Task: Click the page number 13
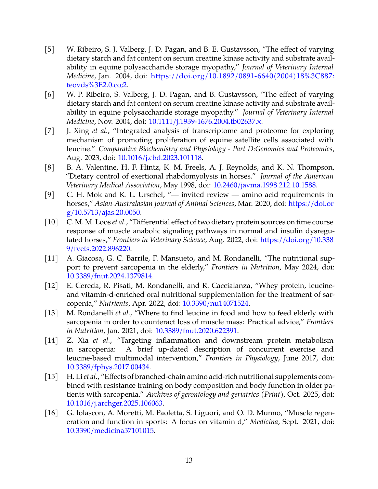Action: pyautogui.click(x=189, y=460)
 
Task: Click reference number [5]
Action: pyautogui.click(x=50, y=49)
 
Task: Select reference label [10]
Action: pyautogui.click(x=51, y=222)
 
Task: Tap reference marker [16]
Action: pyautogui.click(x=51, y=413)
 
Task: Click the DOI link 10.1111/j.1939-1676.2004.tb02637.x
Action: pyautogui.click(x=205, y=121)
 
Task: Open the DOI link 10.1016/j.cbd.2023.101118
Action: pyautogui.click(x=160, y=158)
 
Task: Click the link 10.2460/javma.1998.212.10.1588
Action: pyautogui.click(x=265, y=185)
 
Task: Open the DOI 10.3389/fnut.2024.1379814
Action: pyautogui.click(x=109, y=276)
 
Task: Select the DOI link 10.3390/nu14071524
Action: pyautogui.click(x=216, y=303)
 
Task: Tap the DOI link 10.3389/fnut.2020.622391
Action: pyautogui.click(x=196, y=331)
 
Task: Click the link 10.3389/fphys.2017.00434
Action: pyautogui.click(x=108, y=367)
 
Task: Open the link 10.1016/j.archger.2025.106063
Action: pyautogui.click(x=115, y=403)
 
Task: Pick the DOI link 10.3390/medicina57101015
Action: pyautogui.click(x=110, y=431)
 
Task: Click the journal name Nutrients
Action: pyautogui.click(x=114, y=303)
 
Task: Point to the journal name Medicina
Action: pyautogui.click(x=263, y=422)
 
